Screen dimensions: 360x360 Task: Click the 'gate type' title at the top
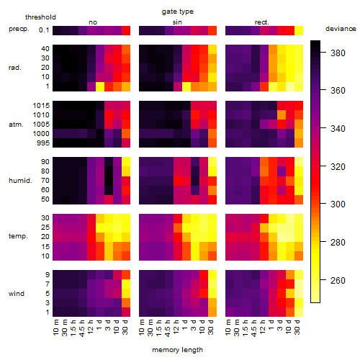(x=178, y=12)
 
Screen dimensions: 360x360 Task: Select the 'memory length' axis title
(x=177, y=350)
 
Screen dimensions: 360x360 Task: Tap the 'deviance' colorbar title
(x=341, y=29)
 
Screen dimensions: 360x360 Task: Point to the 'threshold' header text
(x=40, y=17)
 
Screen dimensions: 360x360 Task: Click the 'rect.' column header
(x=262, y=22)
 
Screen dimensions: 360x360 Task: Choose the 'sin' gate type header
(x=177, y=22)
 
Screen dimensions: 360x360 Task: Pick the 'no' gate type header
(x=93, y=22)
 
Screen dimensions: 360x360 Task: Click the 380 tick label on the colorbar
(x=338, y=53)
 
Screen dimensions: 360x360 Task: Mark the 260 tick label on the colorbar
(x=338, y=280)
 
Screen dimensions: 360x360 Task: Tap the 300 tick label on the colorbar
(x=338, y=204)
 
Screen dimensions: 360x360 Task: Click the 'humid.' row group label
(x=20, y=181)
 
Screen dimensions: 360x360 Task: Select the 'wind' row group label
(x=17, y=294)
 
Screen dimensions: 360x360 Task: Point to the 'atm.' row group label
(x=16, y=125)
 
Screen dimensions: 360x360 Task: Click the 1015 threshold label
(x=41, y=106)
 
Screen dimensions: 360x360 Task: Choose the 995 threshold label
(x=43, y=143)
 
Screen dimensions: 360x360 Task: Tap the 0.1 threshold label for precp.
(x=44, y=30)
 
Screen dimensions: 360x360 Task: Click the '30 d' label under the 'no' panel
(x=125, y=327)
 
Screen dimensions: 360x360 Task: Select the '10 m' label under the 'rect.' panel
(x=228, y=327)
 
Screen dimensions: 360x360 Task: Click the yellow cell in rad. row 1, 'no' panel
(x=100, y=86)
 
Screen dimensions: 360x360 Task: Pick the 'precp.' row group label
(x=19, y=29)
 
